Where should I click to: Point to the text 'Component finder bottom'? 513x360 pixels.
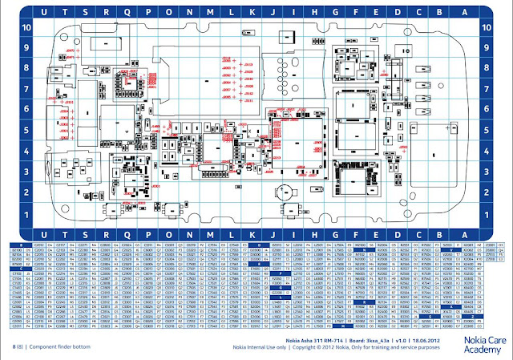point(60,346)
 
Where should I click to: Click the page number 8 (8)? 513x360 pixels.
point(15,346)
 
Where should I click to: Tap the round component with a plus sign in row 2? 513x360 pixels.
point(282,192)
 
